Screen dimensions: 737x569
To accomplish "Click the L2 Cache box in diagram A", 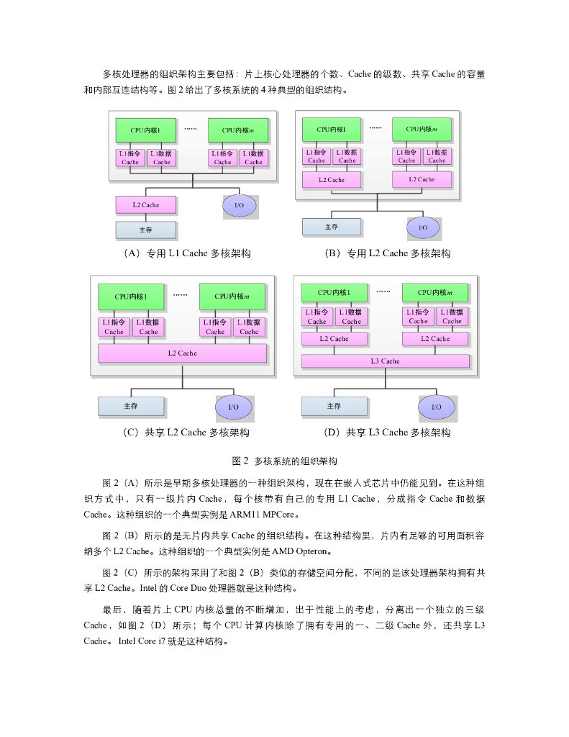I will [x=146, y=205].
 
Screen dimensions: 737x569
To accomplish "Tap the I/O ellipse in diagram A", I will [x=240, y=206].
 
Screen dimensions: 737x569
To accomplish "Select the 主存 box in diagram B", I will [x=331, y=227].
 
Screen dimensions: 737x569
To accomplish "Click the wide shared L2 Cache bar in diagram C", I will [x=182, y=353].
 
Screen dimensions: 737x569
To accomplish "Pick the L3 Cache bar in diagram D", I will [x=385, y=361].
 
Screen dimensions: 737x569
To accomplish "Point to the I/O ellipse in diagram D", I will [x=436, y=407].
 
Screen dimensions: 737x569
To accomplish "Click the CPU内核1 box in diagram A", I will [x=145, y=130].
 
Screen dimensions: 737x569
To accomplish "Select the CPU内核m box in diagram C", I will [x=232, y=296].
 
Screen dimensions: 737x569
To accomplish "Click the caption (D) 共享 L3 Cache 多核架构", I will [x=388, y=433].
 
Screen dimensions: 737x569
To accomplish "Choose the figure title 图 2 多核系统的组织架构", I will [x=284, y=461].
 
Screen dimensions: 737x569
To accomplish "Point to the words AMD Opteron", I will [x=296, y=552].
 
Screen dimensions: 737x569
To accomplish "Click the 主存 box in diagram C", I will [x=130, y=406].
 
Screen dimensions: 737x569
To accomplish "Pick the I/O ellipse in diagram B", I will [x=423, y=227].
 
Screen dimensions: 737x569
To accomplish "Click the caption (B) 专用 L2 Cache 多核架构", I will [x=388, y=253].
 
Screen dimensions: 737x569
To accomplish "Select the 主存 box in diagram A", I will [x=146, y=230].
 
